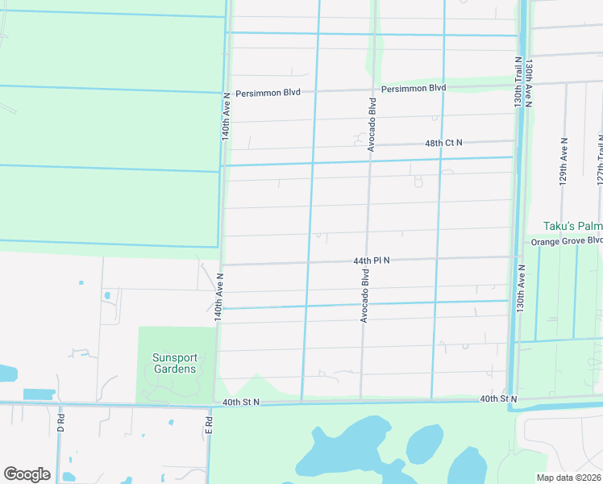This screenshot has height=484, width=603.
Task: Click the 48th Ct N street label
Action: pos(443,143)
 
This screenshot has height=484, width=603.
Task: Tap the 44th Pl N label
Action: pos(371,261)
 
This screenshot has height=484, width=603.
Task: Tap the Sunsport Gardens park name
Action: pos(175,363)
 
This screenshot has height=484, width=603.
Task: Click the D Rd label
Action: pos(61,423)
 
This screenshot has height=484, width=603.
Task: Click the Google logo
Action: pos(27,474)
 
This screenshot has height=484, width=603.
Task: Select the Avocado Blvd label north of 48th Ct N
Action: pos(372,124)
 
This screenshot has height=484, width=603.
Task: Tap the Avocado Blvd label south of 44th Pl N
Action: pos(364,296)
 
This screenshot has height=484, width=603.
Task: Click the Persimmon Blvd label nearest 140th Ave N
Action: pos(268,93)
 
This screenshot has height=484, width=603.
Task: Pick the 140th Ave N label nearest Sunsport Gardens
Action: pos(218,297)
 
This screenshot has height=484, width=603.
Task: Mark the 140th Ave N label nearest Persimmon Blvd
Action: pos(227,118)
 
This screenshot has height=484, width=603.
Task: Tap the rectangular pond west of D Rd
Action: pos(39,394)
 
